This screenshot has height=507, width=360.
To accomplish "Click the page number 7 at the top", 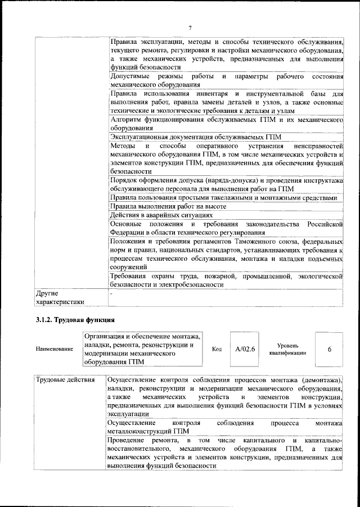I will [190, 28].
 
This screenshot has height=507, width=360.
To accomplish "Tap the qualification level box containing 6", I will [329, 349].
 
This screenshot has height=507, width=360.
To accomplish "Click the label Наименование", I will [55, 349].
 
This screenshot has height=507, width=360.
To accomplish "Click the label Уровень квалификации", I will [287, 349].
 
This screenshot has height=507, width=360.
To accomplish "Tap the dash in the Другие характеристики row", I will [111, 293].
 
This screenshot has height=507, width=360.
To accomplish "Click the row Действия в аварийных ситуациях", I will [162, 215].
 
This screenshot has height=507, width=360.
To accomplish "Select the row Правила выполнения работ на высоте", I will [168, 206].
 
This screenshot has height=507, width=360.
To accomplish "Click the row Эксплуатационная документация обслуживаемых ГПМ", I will [196, 137].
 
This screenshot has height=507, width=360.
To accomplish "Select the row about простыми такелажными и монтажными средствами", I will [224, 198].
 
